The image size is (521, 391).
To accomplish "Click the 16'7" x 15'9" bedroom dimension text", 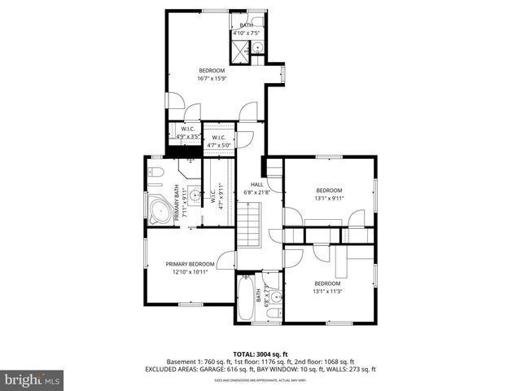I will [215, 79].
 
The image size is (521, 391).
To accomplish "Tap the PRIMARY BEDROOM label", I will [190, 264].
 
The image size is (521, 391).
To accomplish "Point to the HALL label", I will [256, 184].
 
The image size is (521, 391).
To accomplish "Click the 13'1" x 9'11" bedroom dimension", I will [329, 198].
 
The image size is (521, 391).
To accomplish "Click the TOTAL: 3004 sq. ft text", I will [260, 354].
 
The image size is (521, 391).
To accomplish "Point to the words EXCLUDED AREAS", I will [172, 370].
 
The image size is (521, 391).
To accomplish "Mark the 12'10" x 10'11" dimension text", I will [190, 272].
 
